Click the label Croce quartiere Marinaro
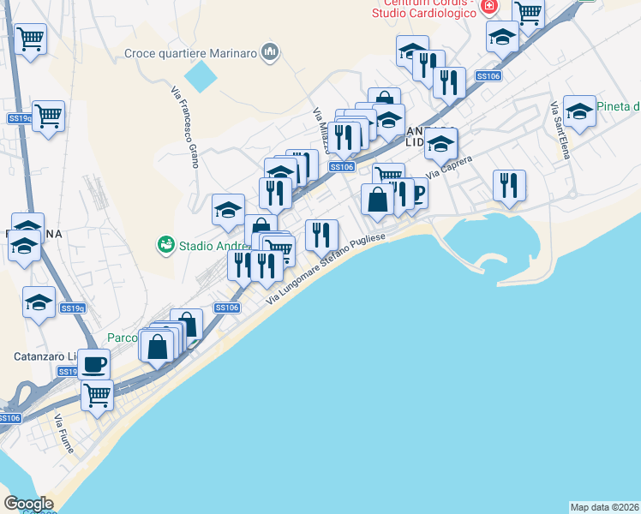191,53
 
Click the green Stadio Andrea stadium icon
165,245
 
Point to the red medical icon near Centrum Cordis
488,6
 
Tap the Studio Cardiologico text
425,12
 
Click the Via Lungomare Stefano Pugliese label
327,268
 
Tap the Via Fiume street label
63,434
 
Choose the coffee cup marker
94,364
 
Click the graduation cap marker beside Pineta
579,111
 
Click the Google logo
28,504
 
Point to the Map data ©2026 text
604,506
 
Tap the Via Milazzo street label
323,129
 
